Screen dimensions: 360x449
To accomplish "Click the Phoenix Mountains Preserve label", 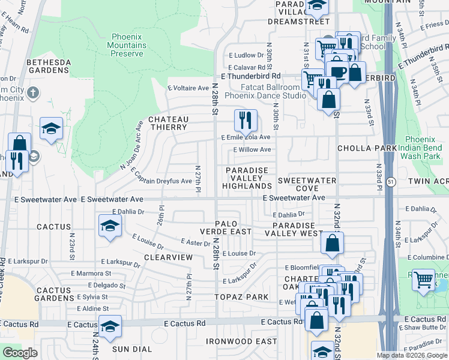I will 126,45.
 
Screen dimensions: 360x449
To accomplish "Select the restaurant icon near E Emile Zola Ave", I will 245,121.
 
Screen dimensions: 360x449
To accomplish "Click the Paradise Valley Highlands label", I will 247,178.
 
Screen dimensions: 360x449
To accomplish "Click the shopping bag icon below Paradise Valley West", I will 332,244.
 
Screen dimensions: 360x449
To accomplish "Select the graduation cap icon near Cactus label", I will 110,226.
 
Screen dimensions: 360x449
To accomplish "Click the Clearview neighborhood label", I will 169,257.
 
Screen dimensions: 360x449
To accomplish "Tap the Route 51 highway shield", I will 391,181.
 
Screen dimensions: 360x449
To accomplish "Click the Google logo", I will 20,353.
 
